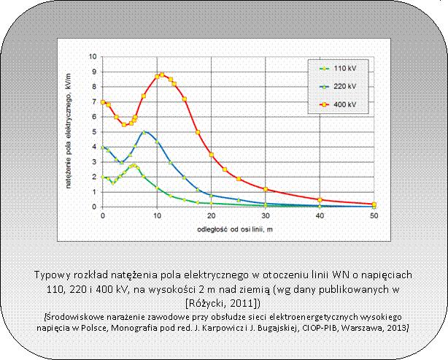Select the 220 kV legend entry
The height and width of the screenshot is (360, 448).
[342, 86]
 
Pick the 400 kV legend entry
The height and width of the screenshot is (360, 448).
[342, 104]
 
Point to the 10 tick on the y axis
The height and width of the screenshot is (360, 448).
[93, 56]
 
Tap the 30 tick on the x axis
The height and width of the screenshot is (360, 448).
[266, 217]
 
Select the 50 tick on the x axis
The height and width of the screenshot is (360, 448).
[374, 217]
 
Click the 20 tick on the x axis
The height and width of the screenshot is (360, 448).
[212, 217]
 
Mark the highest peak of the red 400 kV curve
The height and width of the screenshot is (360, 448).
[162, 74]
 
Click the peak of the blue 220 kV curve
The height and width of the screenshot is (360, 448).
[145, 131]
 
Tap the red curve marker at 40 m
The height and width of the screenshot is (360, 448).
[320, 199]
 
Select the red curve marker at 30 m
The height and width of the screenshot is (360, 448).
[266, 189]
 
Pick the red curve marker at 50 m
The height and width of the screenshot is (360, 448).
[374, 204]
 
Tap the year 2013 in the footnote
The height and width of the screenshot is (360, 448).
[395, 327]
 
